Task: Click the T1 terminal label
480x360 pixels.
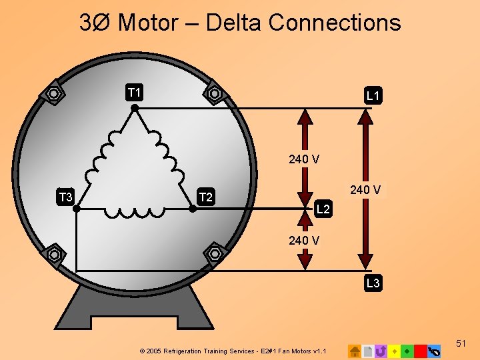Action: tap(135, 91)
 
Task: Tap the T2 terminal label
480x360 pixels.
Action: tap(207, 197)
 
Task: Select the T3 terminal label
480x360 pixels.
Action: tap(66, 197)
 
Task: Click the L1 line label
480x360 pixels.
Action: tap(373, 97)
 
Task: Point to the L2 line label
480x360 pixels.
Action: tap(323, 209)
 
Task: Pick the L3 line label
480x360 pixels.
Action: tap(373, 283)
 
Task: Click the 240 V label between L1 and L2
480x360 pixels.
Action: tap(304, 159)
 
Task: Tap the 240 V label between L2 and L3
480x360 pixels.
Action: tap(304, 240)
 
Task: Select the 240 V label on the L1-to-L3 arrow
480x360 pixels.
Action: tap(365, 190)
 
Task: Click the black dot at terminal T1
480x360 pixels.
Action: tap(134, 107)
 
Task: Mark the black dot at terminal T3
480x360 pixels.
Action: tap(76, 209)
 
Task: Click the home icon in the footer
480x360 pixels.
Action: tap(355, 351)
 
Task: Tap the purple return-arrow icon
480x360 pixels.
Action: tap(381, 351)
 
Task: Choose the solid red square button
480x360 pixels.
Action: tap(420, 351)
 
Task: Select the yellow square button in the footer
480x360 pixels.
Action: tap(394, 351)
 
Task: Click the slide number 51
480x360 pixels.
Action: tap(461, 343)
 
